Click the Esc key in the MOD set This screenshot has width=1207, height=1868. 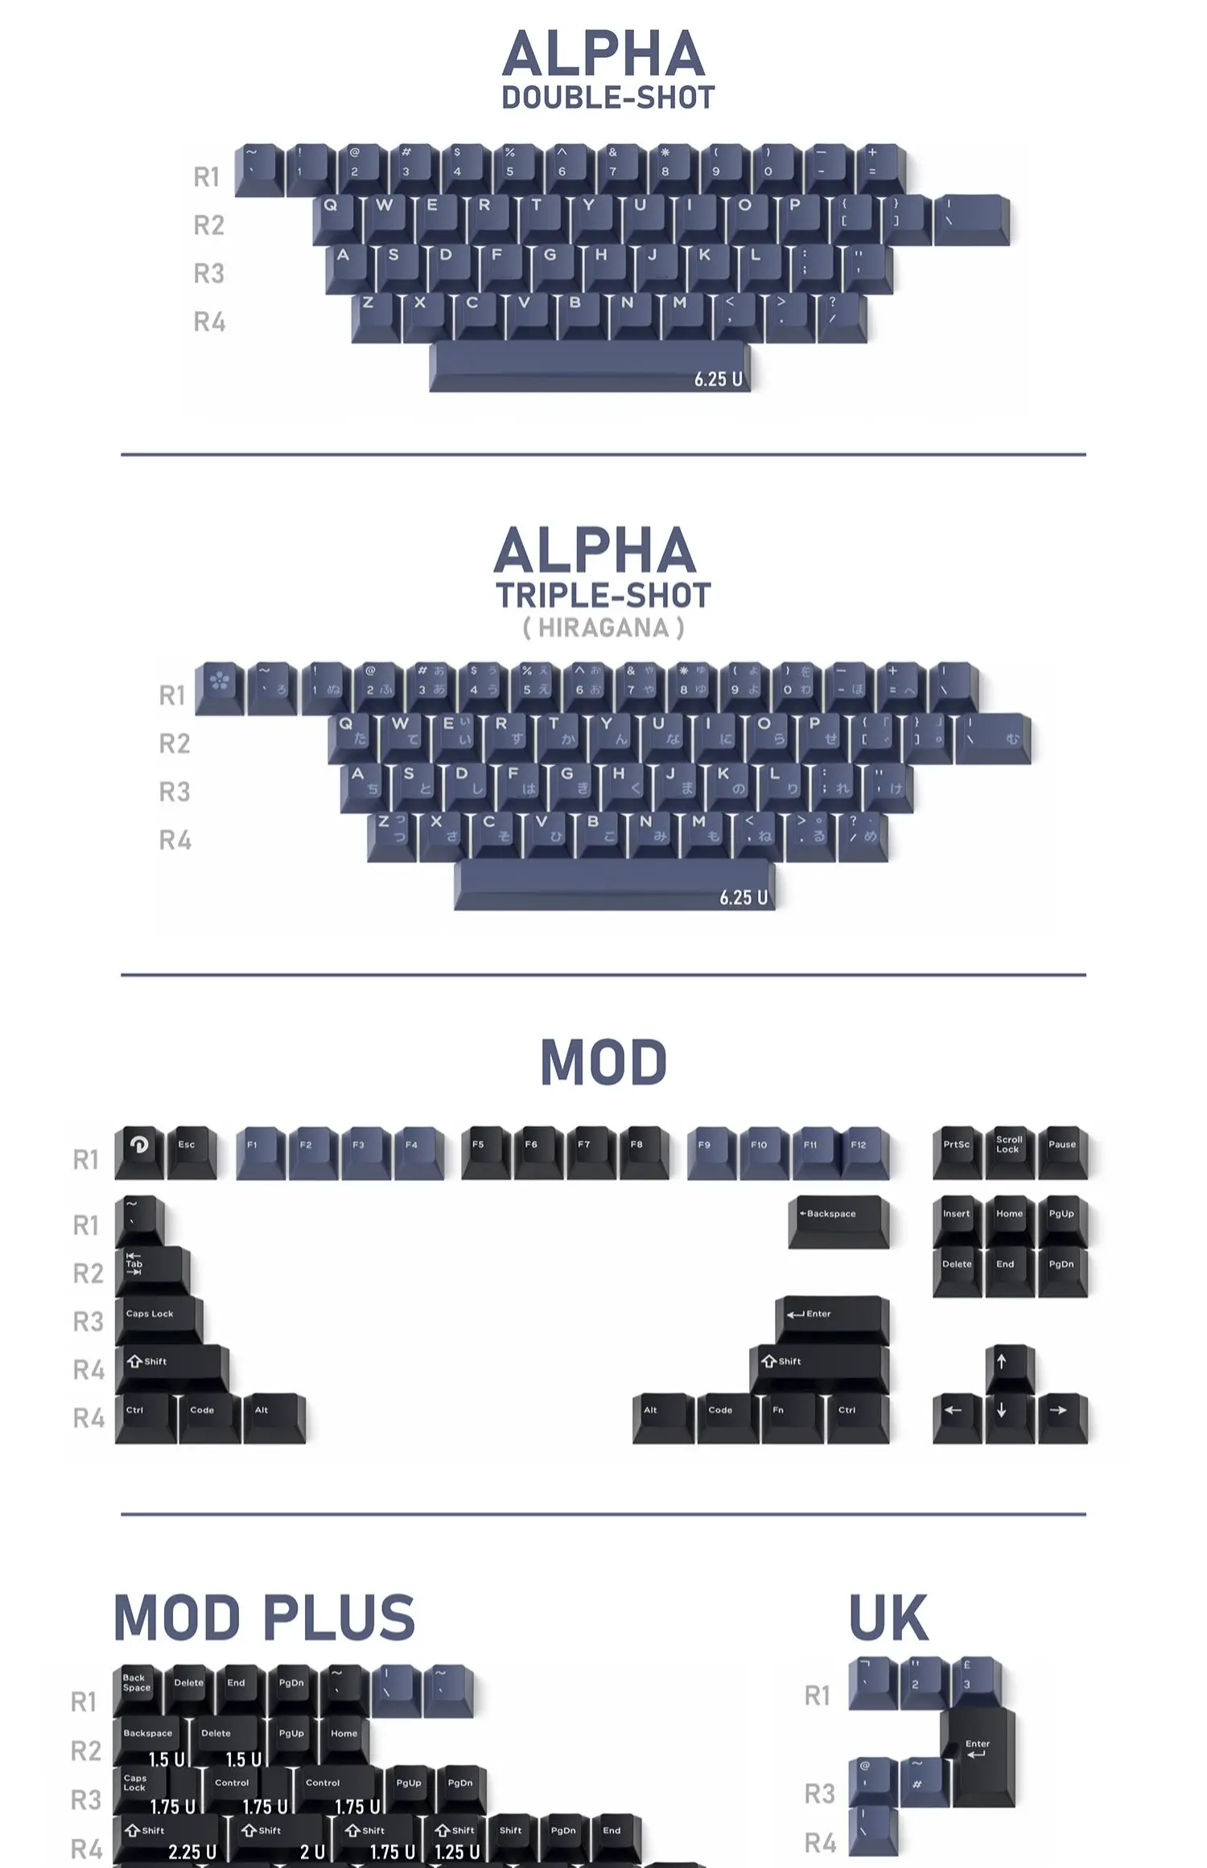192,1150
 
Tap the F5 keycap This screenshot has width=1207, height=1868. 484,1150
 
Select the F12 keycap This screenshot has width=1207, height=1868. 863,1150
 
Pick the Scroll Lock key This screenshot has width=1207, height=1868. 1008,1150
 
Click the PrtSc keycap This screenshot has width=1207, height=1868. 957,1150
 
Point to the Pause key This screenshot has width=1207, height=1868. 1061,1150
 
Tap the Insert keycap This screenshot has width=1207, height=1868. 957,1220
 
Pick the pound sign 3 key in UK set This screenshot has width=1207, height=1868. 974,1681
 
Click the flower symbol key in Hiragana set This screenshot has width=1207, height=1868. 219,686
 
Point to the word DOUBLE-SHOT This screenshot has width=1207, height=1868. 608,98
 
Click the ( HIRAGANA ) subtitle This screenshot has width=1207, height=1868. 603,627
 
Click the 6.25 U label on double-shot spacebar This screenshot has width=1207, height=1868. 718,379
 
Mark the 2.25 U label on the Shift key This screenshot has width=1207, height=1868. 192,1851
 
